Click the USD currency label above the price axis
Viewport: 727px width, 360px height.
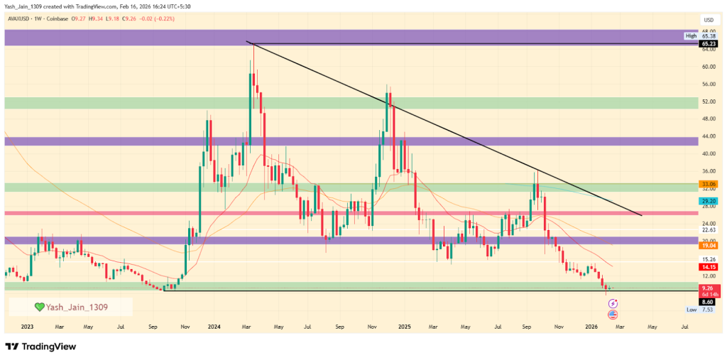click(x=708, y=20)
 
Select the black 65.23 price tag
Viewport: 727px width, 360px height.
click(x=708, y=43)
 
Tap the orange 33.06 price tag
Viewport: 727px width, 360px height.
click(x=708, y=183)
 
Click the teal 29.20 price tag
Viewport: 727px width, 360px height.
click(x=708, y=202)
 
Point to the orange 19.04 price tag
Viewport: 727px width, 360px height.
click(x=708, y=245)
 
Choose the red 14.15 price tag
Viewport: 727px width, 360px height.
click(x=708, y=266)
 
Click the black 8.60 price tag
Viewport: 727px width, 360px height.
click(x=708, y=302)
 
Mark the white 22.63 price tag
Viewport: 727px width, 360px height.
click(x=708, y=229)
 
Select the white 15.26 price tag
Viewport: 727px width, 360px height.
click(x=708, y=259)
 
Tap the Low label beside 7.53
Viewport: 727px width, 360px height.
click(x=691, y=310)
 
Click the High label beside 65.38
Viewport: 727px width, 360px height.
click(x=691, y=36)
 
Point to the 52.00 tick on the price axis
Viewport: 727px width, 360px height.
click(x=708, y=102)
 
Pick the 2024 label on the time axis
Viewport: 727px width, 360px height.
click(x=213, y=327)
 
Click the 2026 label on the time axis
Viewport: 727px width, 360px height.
click(x=591, y=327)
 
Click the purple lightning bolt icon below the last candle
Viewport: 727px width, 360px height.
click(x=613, y=303)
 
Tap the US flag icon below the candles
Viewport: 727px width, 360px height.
click(x=613, y=313)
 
